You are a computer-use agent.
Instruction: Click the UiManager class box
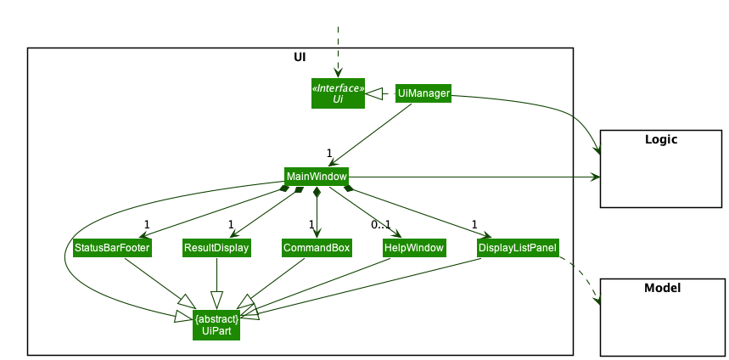(x=423, y=93)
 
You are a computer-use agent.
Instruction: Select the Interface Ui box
(x=338, y=93)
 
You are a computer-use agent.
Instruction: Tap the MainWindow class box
(x=316, y=177)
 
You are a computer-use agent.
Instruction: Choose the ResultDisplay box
(x=216, y=248)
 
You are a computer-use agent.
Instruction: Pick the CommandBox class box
(x=317, y=248)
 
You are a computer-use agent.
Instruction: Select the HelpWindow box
(x=414, y=248)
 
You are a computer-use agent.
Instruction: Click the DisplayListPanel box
(x=518, y=248)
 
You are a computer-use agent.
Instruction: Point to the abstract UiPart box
(x=216, y=324)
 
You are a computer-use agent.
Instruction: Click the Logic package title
(x=660, y=139)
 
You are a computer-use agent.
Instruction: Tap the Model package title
(x=662, y=288)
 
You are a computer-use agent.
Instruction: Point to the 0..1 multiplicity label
(x=380, y=225)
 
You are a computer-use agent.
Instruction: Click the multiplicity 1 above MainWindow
(x=329, y=153)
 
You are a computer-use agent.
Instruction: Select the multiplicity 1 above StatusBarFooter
(x=146, y=225)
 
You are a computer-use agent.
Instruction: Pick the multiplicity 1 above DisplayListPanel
(x=474, y=225)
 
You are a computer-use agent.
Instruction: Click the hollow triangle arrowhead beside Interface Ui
(x=374, y=93)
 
